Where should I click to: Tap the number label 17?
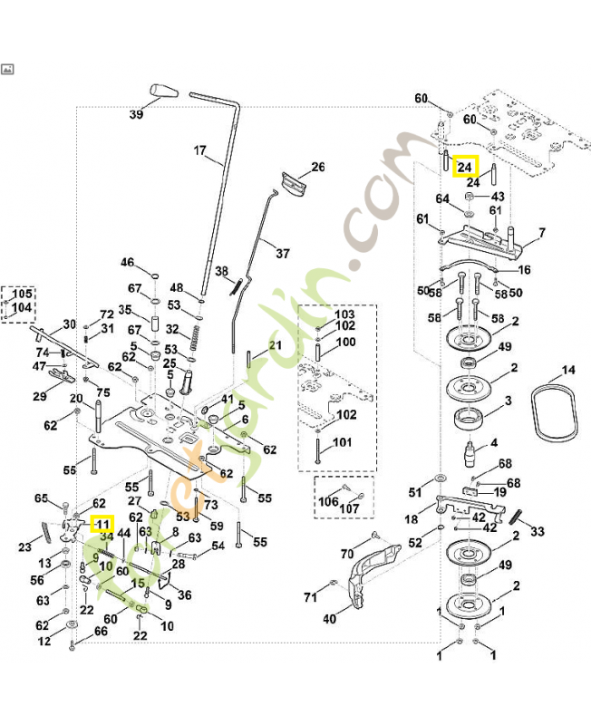[201, 150]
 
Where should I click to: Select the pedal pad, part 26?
[294, 182]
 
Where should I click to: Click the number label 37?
[283, 254]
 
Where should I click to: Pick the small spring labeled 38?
[236, 285]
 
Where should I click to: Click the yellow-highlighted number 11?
[102, 524]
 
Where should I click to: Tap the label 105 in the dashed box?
[22, 295]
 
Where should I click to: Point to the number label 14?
[567, 371]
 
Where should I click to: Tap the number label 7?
[541, 233]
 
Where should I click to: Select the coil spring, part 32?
[193, 344]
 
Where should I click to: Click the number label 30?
[69, 325]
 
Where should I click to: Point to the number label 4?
[494, 443]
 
